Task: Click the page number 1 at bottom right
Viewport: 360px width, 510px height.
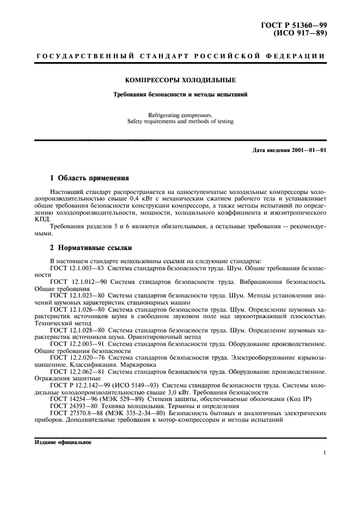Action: [x=324, y=452]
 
